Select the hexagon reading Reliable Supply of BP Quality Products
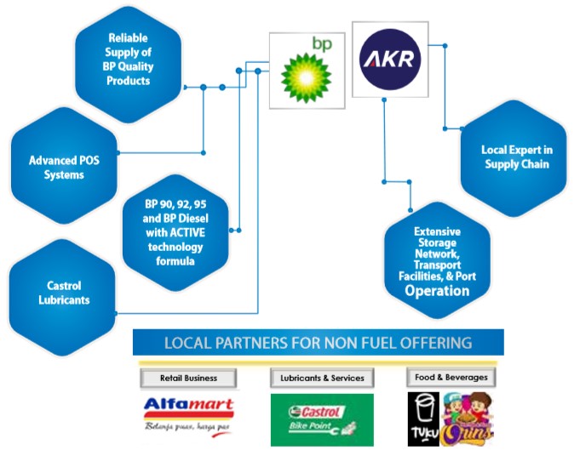129,60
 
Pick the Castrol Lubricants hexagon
64,293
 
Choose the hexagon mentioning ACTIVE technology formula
175,232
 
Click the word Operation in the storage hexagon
437,290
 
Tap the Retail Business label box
188,377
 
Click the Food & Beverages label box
451,377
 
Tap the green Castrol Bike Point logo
321,419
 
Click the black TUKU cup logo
422,419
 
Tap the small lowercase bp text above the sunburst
320,42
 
